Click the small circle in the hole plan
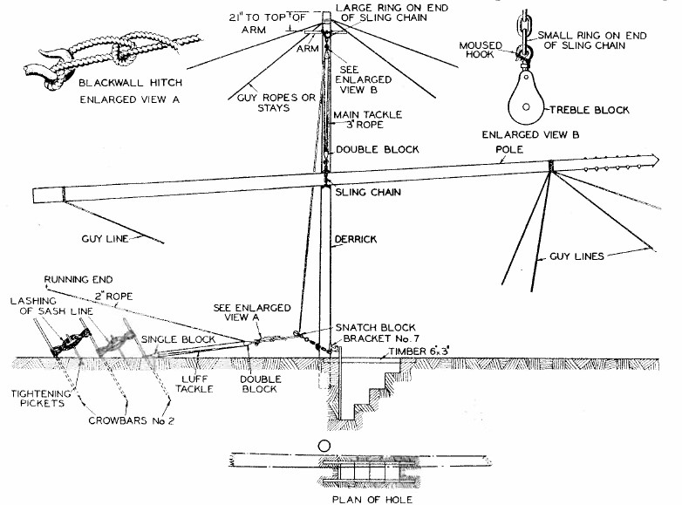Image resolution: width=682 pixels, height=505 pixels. pyautogui.click(x=326, y=446)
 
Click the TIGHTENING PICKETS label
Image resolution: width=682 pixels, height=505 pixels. pyautogui.click(x=43, y=399)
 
